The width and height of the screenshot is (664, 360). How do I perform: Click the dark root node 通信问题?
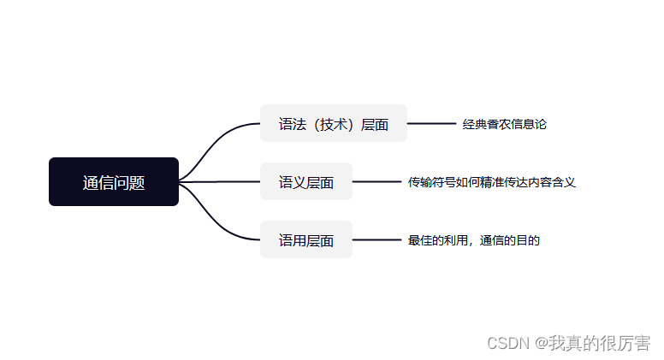(x=113, y=182)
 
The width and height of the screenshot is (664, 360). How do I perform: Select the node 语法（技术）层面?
(x=333, y=124)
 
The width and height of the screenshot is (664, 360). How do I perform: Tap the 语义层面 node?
(x=305, y=182)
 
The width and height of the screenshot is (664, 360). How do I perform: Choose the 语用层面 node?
(x=305, y=240)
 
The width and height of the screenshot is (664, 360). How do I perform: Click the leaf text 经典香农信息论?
(x=504, y=124)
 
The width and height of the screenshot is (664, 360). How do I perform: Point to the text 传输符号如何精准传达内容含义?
(x=492, y=182)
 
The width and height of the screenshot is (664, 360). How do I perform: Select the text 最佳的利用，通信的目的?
(x=474, y=240)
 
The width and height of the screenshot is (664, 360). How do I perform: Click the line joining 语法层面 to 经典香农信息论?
(x=431, y=124)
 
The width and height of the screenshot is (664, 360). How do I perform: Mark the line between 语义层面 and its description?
(x=376, y=182)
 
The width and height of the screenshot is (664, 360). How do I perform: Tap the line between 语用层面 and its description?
(x=376, y=240)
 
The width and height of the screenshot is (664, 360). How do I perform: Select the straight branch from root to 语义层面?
(x=219, y=182)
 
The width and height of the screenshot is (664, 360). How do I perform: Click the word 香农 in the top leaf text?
(x=499, y=124)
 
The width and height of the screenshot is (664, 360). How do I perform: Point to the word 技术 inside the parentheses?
(x=333, y=124)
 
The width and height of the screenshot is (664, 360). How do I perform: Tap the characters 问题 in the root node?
(x=129, y=182)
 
